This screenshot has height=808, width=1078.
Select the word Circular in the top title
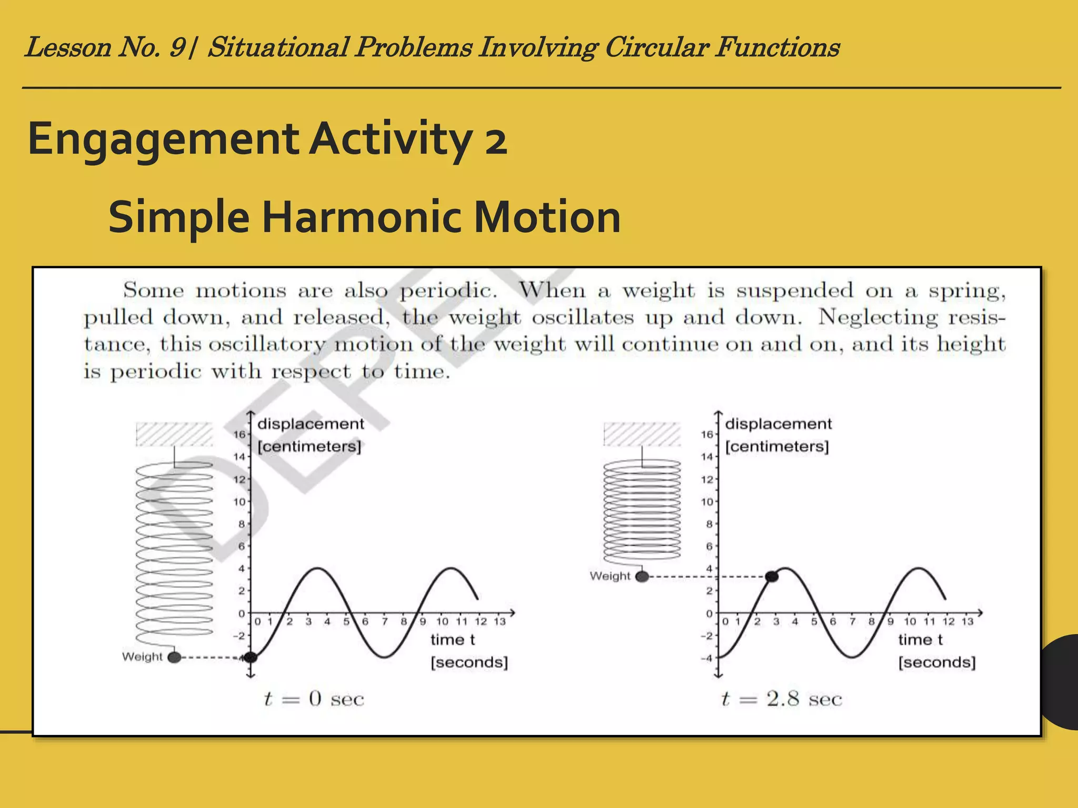pos(656,47)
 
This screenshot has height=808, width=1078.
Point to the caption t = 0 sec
pos(314,699)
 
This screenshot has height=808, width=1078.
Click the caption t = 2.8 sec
pos(782,699)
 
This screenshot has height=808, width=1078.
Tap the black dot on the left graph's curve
pos(251,657)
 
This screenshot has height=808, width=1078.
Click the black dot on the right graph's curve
pos(772,577)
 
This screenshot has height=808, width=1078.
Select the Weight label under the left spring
pos(142,656)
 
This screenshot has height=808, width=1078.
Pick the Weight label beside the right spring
pos(610,576)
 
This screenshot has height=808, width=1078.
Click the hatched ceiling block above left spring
pos(174,435)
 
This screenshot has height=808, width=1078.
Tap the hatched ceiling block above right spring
pos(642,435)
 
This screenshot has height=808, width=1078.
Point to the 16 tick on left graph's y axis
pos(239,435)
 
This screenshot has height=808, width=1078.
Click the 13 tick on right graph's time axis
pos(967,622)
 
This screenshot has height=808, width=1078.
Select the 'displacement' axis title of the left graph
pos(311,424)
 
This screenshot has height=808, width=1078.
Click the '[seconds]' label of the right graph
pos(937,662)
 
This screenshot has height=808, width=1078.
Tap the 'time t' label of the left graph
pos(453,640)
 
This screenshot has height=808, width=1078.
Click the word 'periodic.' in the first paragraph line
pos(448,291)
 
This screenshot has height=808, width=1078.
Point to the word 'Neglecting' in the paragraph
pos(878,317)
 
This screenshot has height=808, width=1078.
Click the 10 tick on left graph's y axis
pos(239,502)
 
